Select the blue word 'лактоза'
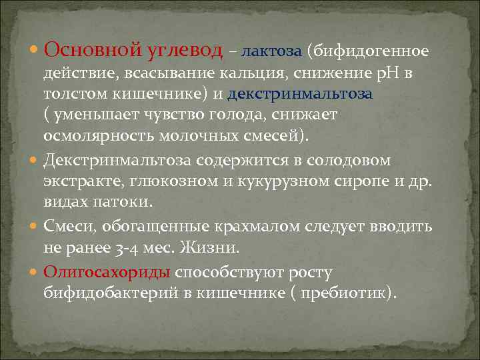pos(272,51)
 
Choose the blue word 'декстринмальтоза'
pos(301,94)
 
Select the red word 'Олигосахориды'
pos(108,272)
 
